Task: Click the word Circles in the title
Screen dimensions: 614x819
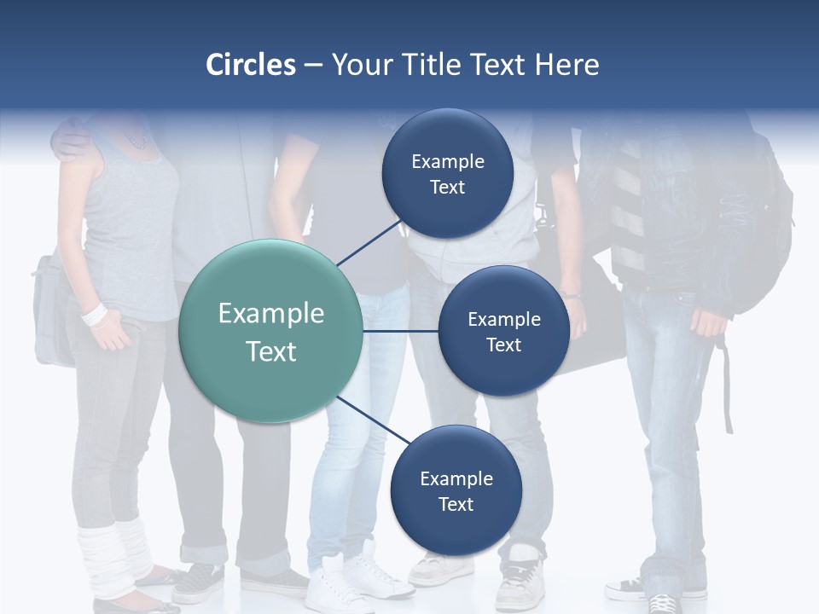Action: pyautogui.click(x=250, y=65)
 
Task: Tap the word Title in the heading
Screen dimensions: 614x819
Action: pyautogui.click(x=438, y=65)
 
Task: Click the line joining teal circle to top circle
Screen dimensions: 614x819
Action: pyautogui.click(x=369, y=243)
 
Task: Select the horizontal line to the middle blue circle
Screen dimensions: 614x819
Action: pyautogui.click(x=400, y=331)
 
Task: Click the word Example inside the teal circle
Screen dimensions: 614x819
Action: pyautogui.click(x=271, y=314)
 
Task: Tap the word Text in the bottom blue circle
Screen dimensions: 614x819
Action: pyautogui.click(x=456, y=505)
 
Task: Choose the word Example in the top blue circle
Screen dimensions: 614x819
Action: pyautogui.click(x=448, y=162)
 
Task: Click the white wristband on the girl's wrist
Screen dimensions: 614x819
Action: pyautogui.click(x=94, y=314)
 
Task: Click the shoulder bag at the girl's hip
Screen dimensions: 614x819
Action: pyautogui.click(x=51, y=307)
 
